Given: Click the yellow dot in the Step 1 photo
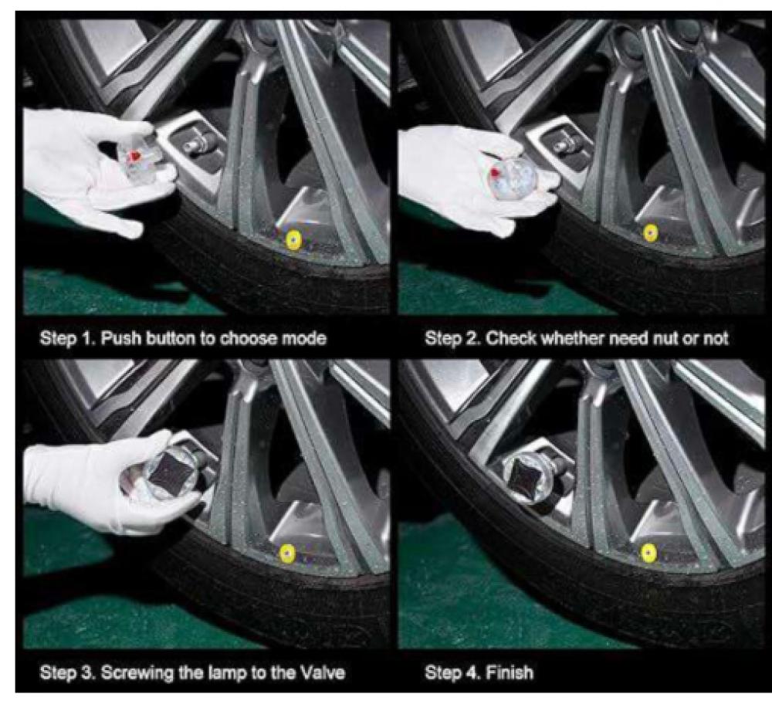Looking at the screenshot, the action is click(x=293, y=239).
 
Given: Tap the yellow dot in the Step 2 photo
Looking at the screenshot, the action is click(x=650, y=232).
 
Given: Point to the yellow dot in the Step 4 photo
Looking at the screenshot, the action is click(x=648, y=554).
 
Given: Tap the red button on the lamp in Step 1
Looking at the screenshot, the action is click(x=134, y=156).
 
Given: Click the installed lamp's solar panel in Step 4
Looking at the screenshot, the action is click(x=525, y=475).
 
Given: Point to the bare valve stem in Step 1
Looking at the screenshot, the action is click(x=194, y=144).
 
